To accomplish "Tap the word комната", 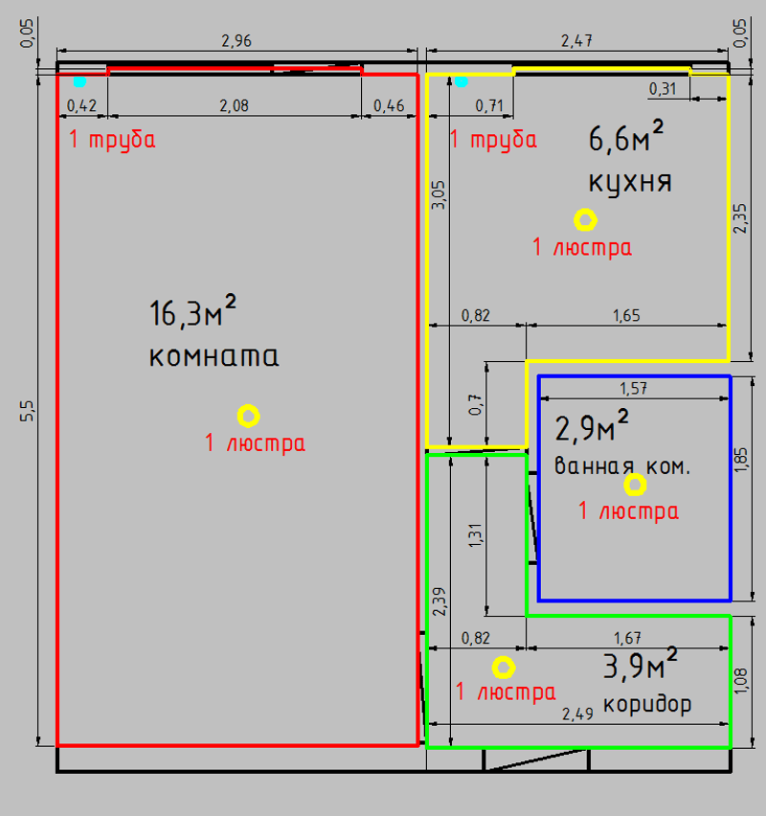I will pos(214,357).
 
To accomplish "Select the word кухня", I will pos(629,181).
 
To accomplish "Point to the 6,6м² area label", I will pos(626,140).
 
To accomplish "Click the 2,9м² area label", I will pos(593,428).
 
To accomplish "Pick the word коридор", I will pos(648,705).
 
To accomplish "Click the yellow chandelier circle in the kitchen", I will pos(584,220).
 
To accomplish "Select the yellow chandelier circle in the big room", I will pos(248,416).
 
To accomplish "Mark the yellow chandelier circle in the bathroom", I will pos(634,484).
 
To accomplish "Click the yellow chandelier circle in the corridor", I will pos(503,667).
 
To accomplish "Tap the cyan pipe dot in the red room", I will pos(79,81).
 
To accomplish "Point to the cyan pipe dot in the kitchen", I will pos(461,81).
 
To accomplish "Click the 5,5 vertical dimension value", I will pos(29,410).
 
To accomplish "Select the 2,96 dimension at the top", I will pos(237,41).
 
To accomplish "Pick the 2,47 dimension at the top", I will pos(575,41).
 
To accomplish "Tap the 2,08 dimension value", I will pos(234,106).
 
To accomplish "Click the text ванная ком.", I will pos(622,467).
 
